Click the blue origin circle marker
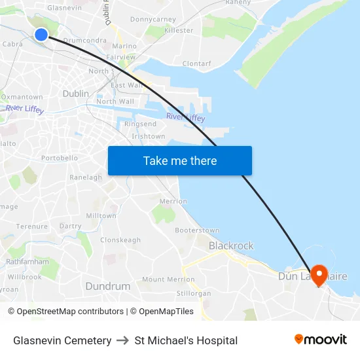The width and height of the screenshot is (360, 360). [x=41, y=35]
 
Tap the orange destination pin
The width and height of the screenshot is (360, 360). [x=319, y=274]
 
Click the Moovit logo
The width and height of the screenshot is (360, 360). [x=321, y=340]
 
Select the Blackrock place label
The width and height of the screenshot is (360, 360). [x=231, y=245]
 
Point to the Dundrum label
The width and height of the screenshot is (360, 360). [x=108, y=286]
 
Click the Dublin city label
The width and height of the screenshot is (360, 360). [x=75, y=94]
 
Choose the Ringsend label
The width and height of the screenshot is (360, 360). [x=140, y=124]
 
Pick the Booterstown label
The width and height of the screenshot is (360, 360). [x=197, y=230]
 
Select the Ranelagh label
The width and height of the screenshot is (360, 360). [x=86, y=177]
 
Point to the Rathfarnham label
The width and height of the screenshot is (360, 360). [x=27, y=261]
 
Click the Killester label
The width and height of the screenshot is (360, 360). [x=179, y=30]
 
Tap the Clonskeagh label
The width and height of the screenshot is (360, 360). [x=120, y=240]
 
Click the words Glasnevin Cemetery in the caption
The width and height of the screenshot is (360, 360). [x=62, y=340]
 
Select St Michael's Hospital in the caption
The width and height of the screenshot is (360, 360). [x=186, y=340]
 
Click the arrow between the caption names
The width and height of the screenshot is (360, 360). [x=123, y=340]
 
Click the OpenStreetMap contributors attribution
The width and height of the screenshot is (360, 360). [x=70, y=312]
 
